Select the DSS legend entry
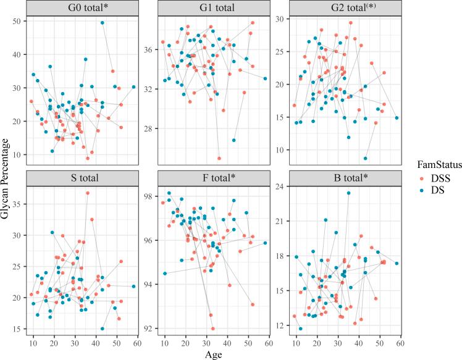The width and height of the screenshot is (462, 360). click(432, 178)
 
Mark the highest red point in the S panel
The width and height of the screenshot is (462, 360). click(88, 193)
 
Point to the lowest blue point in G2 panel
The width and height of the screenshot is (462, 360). click(366, 158)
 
